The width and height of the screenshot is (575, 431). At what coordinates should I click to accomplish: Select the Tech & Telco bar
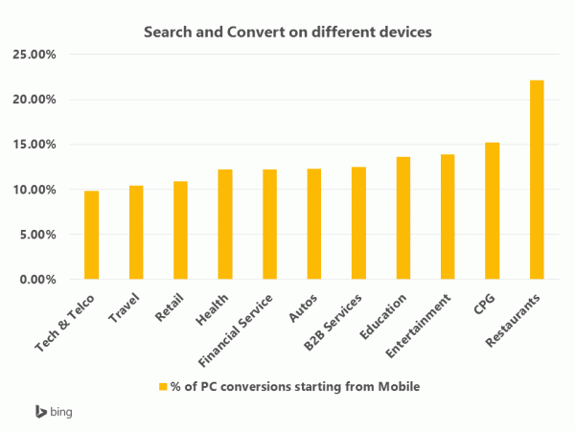tap(92, 236)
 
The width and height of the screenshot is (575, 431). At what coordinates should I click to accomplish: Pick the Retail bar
tap(181, 231)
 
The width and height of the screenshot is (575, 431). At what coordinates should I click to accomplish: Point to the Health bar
tap(225, 225)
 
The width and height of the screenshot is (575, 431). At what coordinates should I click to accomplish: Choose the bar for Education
tap(403, 218)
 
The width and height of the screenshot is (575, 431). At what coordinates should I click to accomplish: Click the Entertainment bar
tap(448, 217)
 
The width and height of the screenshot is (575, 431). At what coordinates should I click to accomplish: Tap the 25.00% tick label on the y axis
tap(36, 55)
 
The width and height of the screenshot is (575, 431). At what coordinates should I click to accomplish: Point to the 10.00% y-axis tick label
tap(36, 190)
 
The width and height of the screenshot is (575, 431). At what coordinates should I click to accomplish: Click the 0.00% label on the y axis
tap(39, 280)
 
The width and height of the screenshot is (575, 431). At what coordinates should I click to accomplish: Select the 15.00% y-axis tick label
tap(36, 145)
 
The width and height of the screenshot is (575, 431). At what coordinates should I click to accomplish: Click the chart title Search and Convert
tap(287, 32)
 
